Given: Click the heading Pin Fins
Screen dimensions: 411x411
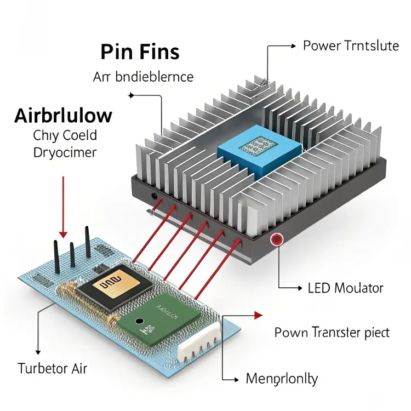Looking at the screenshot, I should pos(140,52).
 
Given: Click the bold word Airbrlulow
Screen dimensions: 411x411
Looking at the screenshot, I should pos(63,116).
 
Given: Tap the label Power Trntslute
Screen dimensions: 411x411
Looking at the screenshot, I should pos(351,46).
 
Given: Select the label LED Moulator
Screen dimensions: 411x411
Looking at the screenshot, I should pos(345,288).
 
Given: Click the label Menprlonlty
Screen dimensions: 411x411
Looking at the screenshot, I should pos(282,378).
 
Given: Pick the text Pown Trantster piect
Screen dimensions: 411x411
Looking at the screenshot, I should pos(332,332).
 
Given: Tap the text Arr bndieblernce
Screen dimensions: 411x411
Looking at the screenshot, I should pos(143,77).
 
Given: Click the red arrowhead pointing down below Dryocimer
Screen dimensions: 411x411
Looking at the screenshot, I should pos(65,233).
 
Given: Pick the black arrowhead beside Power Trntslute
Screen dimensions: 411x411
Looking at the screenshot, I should pos(299,46).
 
